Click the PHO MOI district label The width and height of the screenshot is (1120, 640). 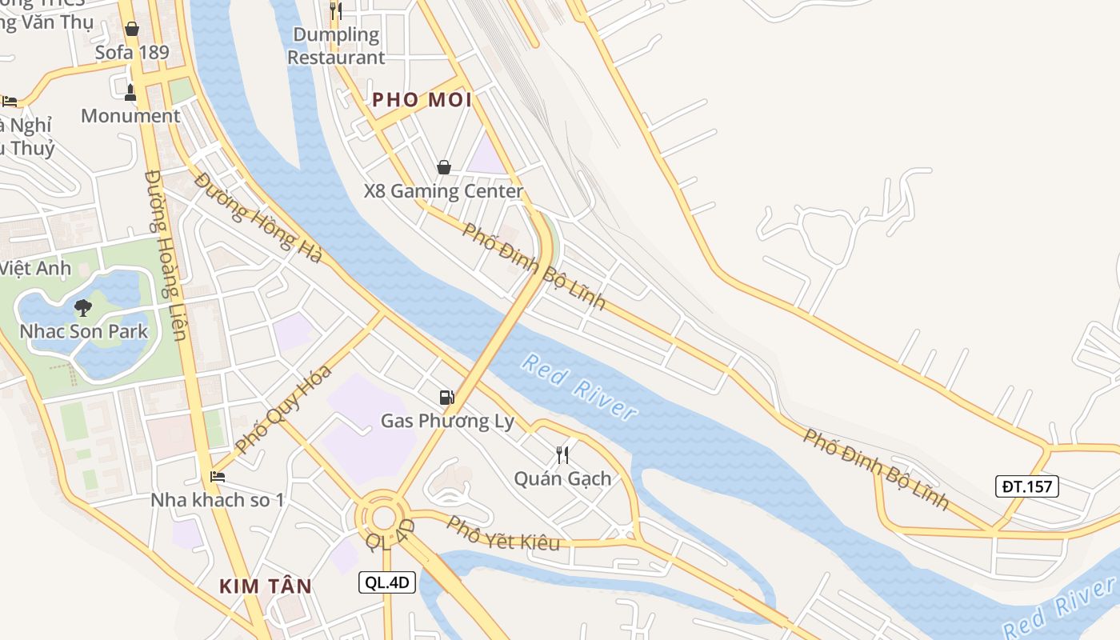[x=422, y=100]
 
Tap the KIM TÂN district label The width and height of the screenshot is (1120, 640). [x=266, y=586]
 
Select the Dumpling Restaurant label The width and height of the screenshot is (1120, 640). [x=336, y=46]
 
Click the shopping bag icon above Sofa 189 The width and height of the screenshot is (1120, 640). [x=132, y=30]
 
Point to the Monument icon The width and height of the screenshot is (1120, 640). [x=130, y=93]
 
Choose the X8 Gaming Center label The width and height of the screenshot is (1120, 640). [x=443, y=191]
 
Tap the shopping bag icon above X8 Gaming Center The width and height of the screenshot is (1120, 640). [x=443, y=167]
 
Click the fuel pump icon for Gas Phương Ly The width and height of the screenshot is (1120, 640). [x=446, y=397]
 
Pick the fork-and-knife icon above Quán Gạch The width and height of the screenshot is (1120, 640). [x=562, y=455]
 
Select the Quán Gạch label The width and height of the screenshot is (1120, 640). [x=562, y=478]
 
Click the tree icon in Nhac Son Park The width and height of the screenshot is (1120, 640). [x=83, y=307]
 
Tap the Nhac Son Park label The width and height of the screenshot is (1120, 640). [x=84, y=330]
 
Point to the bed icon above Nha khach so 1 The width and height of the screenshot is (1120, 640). [x=218, y=477]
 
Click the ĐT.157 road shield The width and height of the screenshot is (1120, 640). [x=1027, y=486]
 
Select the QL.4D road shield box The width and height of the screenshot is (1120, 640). [x=387, y=582]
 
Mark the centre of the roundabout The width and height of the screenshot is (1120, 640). [x=384, y=517]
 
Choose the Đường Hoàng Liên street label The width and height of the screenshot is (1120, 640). [x=167, y=254]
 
